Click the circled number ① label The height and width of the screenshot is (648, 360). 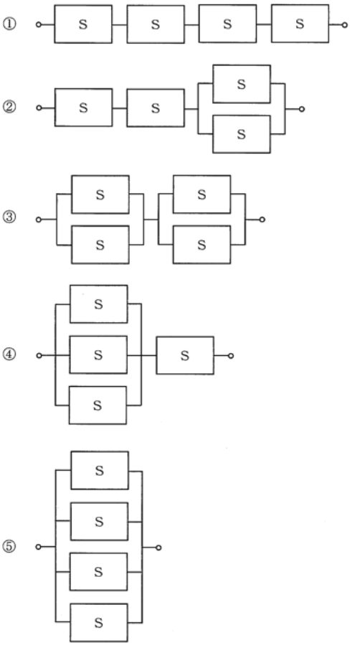click(9, 24)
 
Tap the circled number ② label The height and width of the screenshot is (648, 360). click(9, 107)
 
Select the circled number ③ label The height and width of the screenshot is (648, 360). click(9, 217)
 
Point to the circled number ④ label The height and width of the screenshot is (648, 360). click(9, 354)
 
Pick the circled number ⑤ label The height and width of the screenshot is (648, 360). click(9, 546)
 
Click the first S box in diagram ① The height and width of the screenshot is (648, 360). click(83, 24)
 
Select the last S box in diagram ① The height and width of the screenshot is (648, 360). click(300, 24)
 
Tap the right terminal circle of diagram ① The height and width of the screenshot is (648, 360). click(345, 25)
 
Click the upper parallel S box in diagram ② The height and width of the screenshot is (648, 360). click(242, 84)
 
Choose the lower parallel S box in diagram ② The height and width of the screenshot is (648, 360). click(242, 134)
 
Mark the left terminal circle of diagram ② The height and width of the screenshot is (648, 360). click(39, 108)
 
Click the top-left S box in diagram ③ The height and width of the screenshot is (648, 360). click(100, 194)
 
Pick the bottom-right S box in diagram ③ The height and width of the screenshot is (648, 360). click(202, 245)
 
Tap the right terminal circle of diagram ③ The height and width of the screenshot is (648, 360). click(262, 220)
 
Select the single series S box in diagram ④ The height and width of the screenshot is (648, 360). click(185, 355)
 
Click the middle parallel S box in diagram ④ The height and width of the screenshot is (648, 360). click(98, 354)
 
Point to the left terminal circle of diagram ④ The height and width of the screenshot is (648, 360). click(39, 355)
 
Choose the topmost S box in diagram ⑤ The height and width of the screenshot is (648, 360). click(100, 470)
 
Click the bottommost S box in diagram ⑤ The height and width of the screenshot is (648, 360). click(99, 622)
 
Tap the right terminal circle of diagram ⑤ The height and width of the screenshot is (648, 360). click(158, 548)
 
